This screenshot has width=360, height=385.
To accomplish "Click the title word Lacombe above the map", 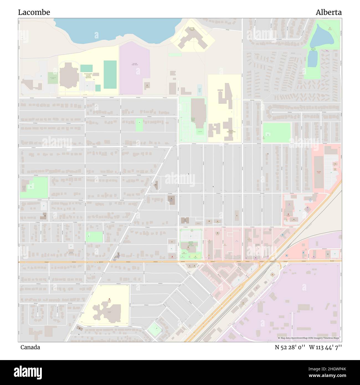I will pyautogui.click(x=34, y=12).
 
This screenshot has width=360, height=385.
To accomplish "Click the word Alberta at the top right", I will pyautogui.click(x=329, y=12).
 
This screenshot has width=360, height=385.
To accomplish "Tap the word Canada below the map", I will pyautogui.click(x=30, y=347).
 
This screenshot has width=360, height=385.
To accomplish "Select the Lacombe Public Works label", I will pyautogui.click(x=135, y=64).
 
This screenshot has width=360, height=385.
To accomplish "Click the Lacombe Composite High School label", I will pyautogui.click(x=88, y=75).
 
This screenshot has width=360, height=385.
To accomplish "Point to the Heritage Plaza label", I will pyautogui.click(x=319, y=172).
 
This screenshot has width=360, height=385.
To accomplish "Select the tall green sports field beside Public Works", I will pyautogui.click(x=110, y=75).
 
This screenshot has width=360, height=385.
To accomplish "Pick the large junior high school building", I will pyautogui.click(x=192, y=38).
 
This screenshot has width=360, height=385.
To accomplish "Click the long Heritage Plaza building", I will pyautogui.click(x=319, y=172).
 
